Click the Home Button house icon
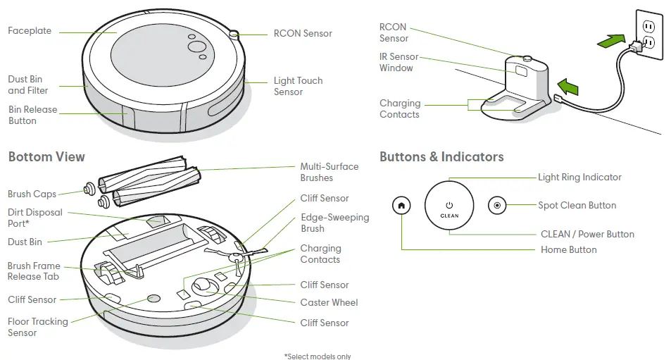pyautogui.click(x=401, y=206)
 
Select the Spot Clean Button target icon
pyautogui.click(x=497, y=206)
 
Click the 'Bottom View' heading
pyautogui.click(x=46, y=157)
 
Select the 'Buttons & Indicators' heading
pyautogui.click(x=441, y=157)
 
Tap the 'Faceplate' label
pyautogui.click(x=30, y=31)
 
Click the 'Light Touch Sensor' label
pyautogui.click(x=298, y=86)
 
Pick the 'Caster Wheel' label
pyautogui.click(x=329, y=302)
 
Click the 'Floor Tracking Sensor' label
pyautogui.click(x=38, y=327)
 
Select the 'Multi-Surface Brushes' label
pyautogui.click(x=329, y=172)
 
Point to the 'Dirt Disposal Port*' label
pyautogui.click(x=35, y=218)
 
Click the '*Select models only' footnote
pyautogui.click(x=317, y=356)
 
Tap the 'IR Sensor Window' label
pyautogui.click(x=399, y=62)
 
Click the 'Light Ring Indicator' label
pyautogui.click(x=579, y=178)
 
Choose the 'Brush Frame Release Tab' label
pyautogui.click(x=34, y=271)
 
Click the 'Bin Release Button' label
pyautogui.click(x=32, y=115)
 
